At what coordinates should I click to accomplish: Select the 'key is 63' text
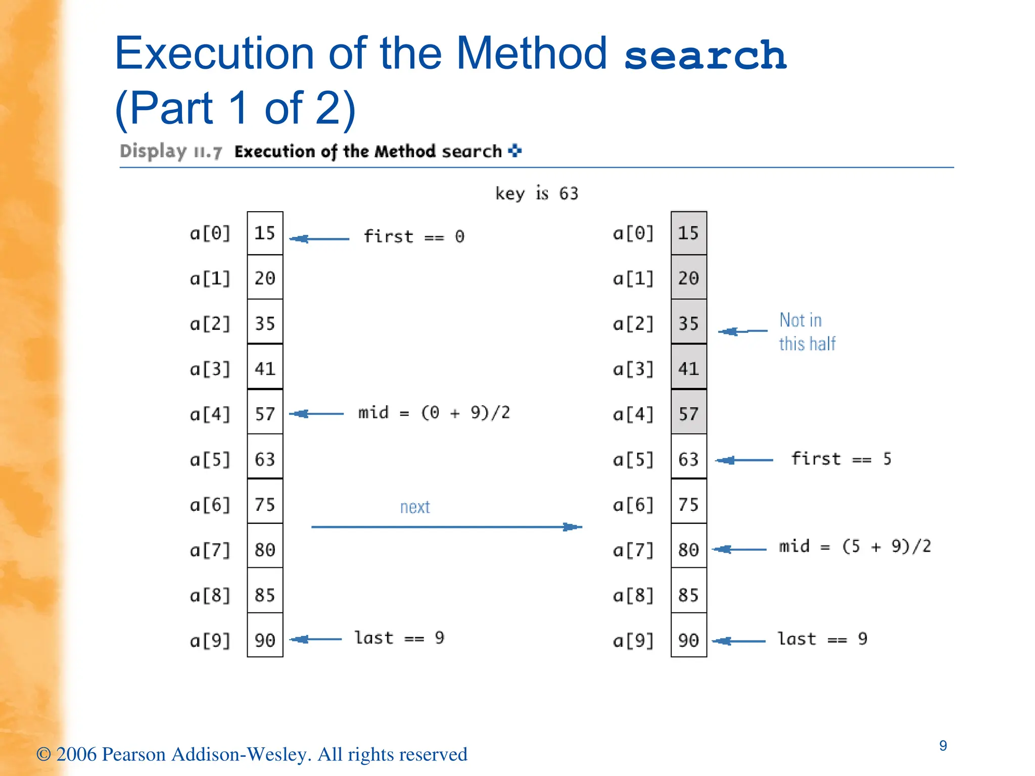536,193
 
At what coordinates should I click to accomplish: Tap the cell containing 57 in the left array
265,414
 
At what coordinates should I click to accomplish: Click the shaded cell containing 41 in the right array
689,368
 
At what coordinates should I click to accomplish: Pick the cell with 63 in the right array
689,459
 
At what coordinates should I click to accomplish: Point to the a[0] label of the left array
210,233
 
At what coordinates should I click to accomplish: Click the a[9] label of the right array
633,641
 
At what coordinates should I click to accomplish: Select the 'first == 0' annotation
414,236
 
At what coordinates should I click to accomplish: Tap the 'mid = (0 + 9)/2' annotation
434,413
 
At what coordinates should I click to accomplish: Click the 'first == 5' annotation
841,459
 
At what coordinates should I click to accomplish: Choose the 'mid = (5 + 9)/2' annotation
855,546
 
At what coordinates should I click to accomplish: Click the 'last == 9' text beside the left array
399,638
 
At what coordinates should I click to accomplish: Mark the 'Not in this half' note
807,332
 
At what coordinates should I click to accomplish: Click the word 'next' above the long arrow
415,507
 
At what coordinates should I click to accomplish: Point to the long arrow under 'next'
446,527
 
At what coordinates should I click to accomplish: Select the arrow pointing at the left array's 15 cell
319,238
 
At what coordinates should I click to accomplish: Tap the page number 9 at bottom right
943,746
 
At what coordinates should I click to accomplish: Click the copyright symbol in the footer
43,754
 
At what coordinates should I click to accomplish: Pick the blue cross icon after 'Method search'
515,151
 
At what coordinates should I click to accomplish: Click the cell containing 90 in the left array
265,640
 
